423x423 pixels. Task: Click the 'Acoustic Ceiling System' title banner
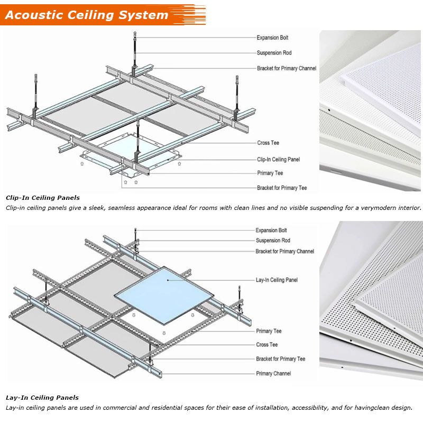pos(87,15)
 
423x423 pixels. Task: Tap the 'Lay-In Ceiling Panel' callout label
pos(277,280)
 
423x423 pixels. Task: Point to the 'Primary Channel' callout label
pos(273,374)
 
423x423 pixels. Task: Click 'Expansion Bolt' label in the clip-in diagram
pos(272,38)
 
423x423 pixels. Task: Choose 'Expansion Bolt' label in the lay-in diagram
pos(271,231)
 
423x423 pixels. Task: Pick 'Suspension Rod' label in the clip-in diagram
pos(274,53)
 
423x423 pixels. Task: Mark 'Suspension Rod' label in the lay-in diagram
pos(273,241)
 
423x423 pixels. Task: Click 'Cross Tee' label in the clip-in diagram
pos(268,143)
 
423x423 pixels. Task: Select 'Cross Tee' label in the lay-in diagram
pos(266,345)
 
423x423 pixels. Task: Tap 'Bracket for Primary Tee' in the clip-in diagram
pos(282,188)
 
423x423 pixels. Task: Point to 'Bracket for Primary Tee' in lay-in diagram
pos(280,359)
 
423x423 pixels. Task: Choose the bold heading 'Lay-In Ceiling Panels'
pos(42,398)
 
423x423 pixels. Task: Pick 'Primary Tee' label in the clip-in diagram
pos(270,173)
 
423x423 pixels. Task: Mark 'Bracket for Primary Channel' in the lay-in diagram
pos(284,251)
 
